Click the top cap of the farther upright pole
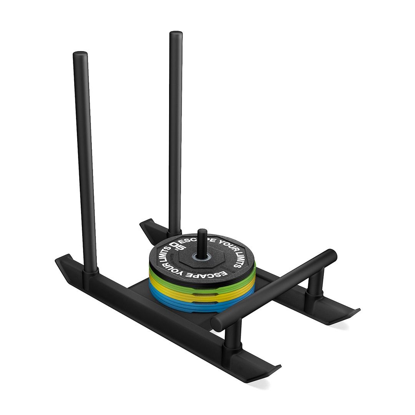pyautogui.click(x=176, y=34)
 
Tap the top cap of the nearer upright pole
pyautogui.click(x=80, y=54)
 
